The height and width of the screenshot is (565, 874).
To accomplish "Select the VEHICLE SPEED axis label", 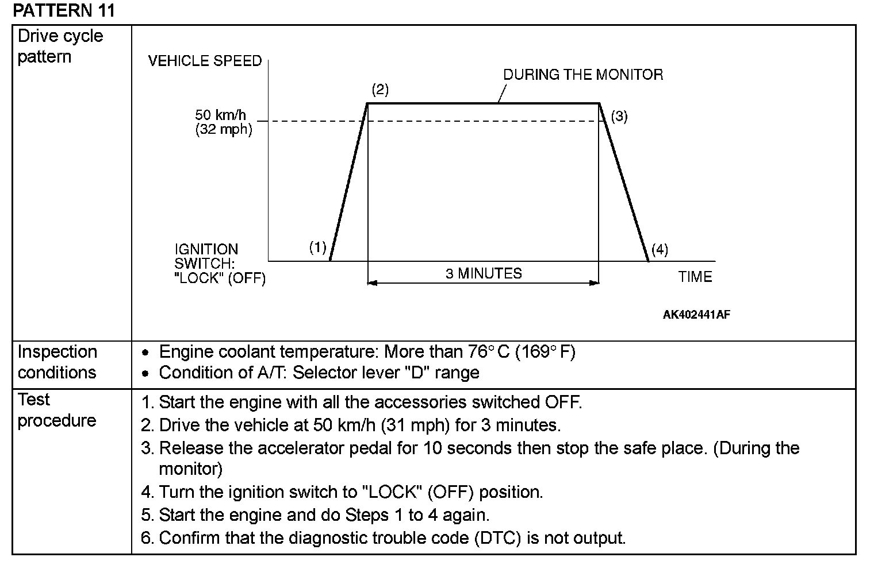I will click(205, 61).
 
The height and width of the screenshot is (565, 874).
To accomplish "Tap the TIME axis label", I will click(695, 277).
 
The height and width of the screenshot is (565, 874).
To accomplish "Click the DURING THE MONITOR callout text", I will click(582, 75).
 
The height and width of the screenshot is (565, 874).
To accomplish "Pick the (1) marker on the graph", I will click(317, 247).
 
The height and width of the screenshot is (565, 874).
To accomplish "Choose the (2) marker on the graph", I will click(379, 90).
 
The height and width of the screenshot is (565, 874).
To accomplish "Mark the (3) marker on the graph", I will click(619, 117).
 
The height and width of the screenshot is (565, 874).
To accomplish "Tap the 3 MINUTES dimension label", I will click(483, 273).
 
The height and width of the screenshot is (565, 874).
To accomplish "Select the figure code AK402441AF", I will click(696, 315).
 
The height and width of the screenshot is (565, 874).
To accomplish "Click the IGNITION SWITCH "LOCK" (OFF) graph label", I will click(220, 264).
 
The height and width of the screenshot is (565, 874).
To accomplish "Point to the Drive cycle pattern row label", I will click(60, 47).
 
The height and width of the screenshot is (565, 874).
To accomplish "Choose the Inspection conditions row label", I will click(57, 362).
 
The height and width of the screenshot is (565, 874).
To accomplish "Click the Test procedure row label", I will click(56, 410).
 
